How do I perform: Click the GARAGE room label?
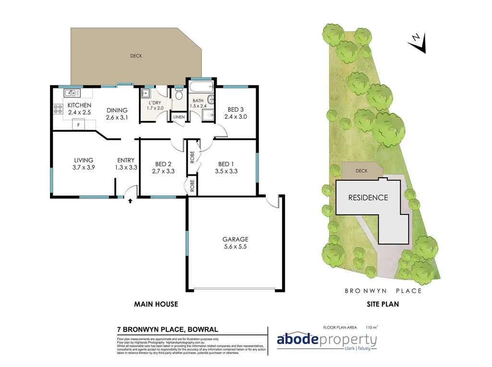[x=235, y=239]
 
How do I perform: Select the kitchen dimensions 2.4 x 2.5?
[x=79, y=112]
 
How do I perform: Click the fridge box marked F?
[x=78, y=125]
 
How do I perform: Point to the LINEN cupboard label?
[x=179, y=117]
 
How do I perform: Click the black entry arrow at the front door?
[x=130, y=201]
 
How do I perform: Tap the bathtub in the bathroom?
[x=201, y=88]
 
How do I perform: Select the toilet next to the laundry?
[x=179, y=95]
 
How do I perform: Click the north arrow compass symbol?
[x=417, y=42]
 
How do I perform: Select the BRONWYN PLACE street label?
[x=383, y=291]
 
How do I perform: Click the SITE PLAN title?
[x=383, y=304]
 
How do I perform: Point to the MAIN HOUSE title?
[x=156, y=304]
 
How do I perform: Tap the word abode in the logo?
[x=297, y=340]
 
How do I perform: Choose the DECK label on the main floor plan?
[x=136, y=56]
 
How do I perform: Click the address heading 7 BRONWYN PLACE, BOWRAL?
[x=168, y=330]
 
